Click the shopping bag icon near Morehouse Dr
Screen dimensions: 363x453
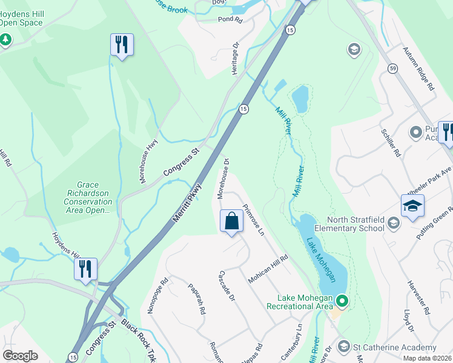[x=232, y=221]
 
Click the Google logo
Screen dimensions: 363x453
[x=21, y=355]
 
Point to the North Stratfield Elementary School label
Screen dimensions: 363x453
[x=355, y=224]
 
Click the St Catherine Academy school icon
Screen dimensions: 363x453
[x=344, y=347]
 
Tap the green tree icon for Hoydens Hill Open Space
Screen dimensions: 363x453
[x=6, y=40]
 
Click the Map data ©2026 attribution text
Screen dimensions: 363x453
[x=427, y=358]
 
